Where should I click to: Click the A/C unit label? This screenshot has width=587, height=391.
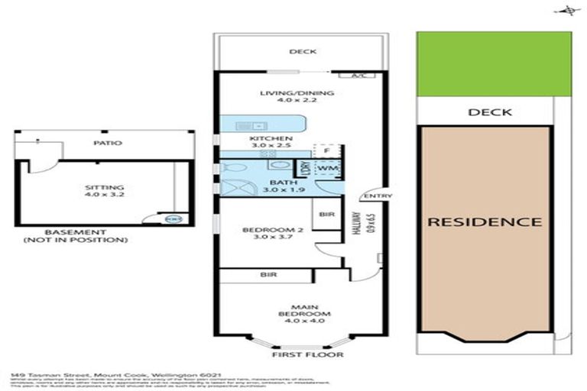click(x=358, y=76)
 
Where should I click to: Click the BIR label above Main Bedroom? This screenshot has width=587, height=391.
click(x=268, y=274)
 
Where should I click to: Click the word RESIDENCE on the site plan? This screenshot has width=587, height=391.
click(x=484, y=222)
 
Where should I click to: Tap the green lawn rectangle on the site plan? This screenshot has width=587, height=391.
click(x=494, y=64)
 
